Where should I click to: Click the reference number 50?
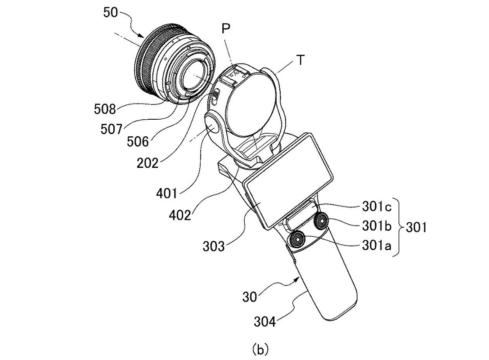(x=110, y=13)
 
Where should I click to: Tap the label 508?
(x=105, y=109)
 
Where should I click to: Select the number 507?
(x=111, y=129)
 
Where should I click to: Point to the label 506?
(x=138, y=142)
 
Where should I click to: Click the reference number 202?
(x=148, y=162)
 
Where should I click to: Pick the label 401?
(x=166, y=194)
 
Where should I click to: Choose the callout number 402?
(x=180, y=215)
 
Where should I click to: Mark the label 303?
(x=214, y=247)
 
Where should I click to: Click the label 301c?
(x=377, y=206)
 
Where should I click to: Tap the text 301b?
(x=377, y=226)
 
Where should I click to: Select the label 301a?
(x=377, y=246)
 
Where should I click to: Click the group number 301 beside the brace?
(x=416, y=227)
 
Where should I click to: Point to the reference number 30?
(x=250, y=297)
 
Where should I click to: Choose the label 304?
(x=265, y=321)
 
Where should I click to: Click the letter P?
(x=226, y=29)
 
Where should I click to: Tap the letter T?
(x=300, y=60)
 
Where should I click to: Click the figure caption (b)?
(x=260, y=349)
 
